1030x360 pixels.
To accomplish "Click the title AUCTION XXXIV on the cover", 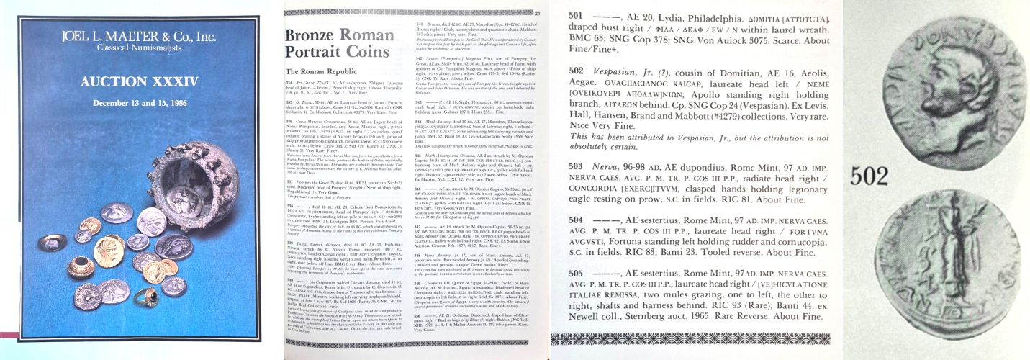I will click(139, 82).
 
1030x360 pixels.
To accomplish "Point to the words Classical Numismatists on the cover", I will click(138, 48).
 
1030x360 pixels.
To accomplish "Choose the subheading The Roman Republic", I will click(322, 72).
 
